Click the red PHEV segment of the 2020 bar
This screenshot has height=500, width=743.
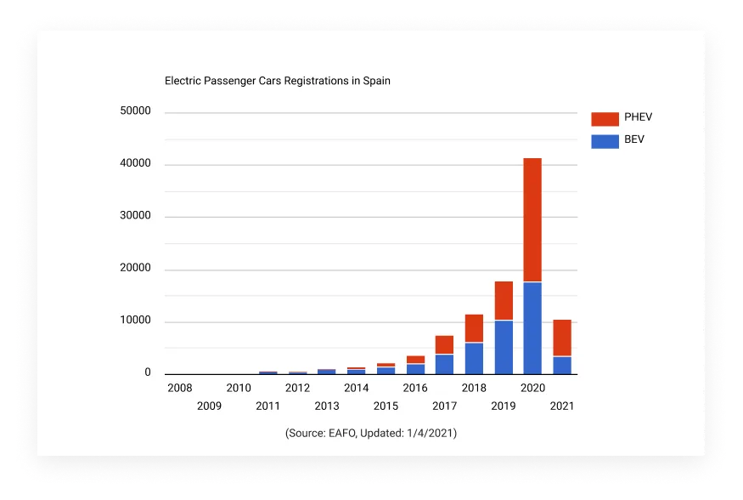pos(532,219)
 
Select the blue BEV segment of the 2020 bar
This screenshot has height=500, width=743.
pos(532,327)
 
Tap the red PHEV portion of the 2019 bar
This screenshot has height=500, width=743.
pos(504,300)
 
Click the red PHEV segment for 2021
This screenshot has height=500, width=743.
pos(561,338)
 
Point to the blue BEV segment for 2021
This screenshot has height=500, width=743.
pos(561,365)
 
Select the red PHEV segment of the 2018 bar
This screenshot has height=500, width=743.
pos(474,328)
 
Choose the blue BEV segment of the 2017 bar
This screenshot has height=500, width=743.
pos(444,364)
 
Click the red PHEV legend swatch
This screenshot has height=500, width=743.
pos(605,118)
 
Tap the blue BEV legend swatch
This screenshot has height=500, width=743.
pos(605,140)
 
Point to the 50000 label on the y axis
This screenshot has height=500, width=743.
pos(136,111)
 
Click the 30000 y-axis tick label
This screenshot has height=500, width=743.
pos(136,216)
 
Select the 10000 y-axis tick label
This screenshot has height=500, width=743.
pos(136,321)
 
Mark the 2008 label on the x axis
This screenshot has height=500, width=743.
pos(179,388)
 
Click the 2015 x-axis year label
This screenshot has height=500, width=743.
pos(386,406)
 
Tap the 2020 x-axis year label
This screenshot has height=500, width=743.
pos(532,388)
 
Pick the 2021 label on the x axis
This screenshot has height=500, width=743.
pos(561,406)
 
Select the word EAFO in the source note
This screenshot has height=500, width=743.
pos(341,434)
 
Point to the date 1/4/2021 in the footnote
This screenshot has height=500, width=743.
pos(430,434)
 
